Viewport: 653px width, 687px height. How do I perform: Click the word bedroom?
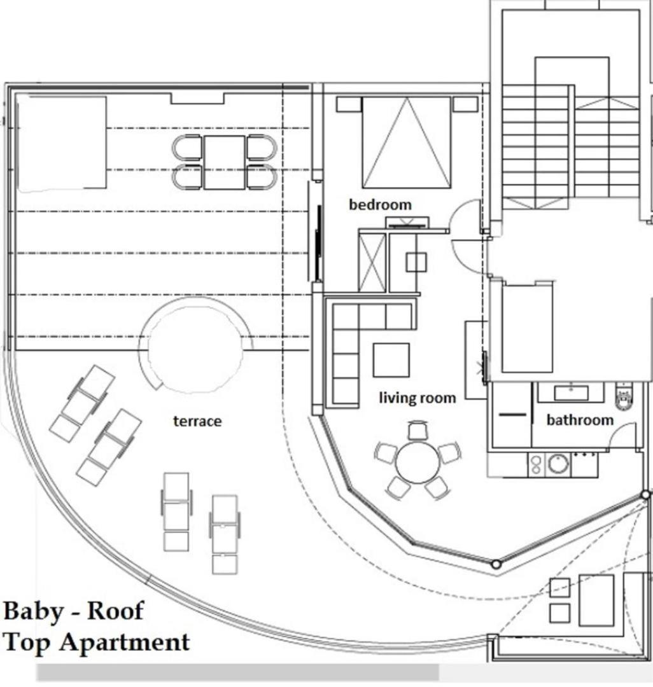(380, 205)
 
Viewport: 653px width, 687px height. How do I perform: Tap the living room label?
(418, 398)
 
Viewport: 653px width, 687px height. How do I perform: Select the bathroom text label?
(580, 420)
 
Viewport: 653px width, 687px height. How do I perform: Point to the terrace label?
(197, 421)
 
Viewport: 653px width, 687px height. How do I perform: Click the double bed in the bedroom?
(406, 143)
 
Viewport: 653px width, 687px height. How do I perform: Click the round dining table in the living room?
(417, 462)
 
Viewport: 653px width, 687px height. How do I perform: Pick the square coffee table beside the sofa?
(391, 359)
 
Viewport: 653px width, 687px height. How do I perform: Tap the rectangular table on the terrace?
(224, 162)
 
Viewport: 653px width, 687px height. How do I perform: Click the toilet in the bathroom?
(624, 396)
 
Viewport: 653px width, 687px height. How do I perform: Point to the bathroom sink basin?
(571, 392)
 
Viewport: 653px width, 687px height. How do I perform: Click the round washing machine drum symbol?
(558, 464)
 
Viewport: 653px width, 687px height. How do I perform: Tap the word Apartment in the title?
(125, 642)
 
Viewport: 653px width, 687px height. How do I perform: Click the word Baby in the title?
(33, 611)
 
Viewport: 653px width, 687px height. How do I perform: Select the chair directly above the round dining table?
(417, 430)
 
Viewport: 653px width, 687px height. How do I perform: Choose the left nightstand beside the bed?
(349, 104)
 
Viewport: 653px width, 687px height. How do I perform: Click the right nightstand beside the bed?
(465, 104)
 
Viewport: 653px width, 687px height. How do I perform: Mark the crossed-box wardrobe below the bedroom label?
(372, 263)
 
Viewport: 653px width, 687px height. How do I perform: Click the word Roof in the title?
(115, 611)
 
